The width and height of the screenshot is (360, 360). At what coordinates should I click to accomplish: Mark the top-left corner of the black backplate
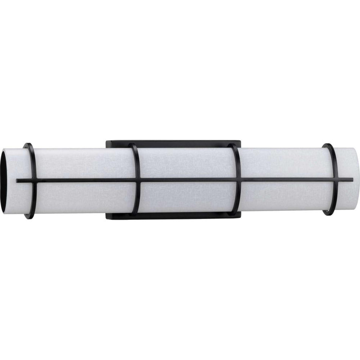point(107,142)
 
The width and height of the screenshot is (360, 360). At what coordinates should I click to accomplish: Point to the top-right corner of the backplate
point(240,142)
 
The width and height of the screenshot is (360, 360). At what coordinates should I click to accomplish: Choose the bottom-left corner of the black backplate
point(107,218)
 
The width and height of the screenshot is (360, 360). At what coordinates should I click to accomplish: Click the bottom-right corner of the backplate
point(240,218)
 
